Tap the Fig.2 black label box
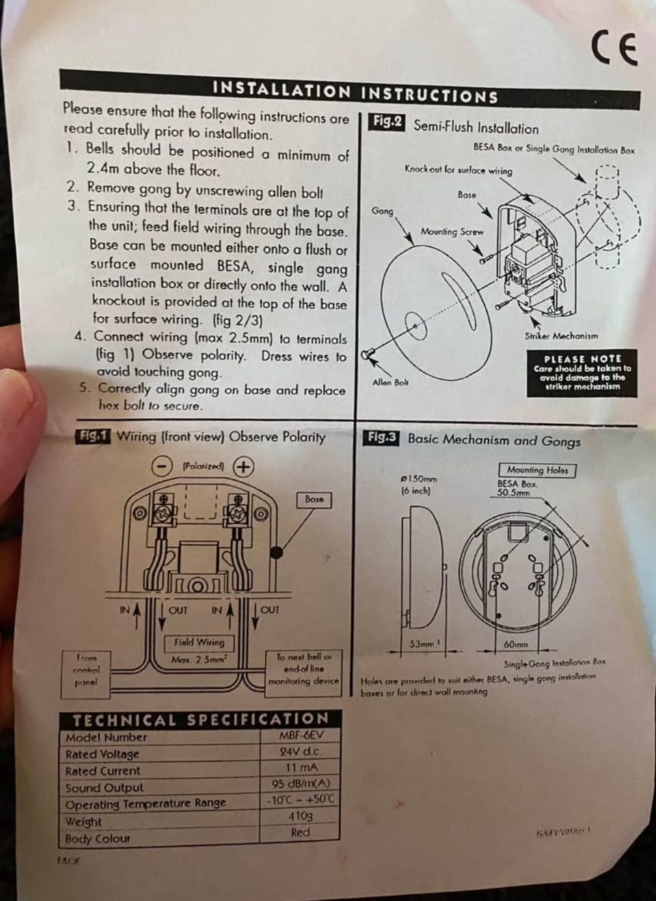click(387, 122)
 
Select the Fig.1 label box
click(94, 435)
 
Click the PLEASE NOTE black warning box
click(582, 373)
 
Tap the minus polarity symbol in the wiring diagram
click(161, 466)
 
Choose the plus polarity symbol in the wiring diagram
click(243, 466)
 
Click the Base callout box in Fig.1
click(314, 499)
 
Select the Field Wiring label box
click(199, 643)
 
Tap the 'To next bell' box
click(303, 669)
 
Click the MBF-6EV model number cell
click(301, 736)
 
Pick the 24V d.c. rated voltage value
click(301, 751)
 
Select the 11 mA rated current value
click(301, 768)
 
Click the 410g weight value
click(301, 816)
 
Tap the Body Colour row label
click(98, 839)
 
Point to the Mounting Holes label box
click(537, 470)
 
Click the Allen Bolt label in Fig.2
click(390, 382)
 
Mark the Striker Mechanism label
click(561, 336)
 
